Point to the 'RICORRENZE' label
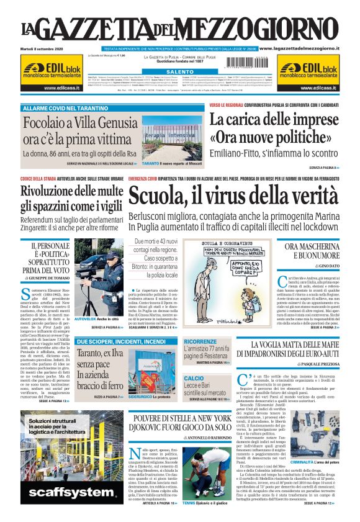click(x=200, y=342)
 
